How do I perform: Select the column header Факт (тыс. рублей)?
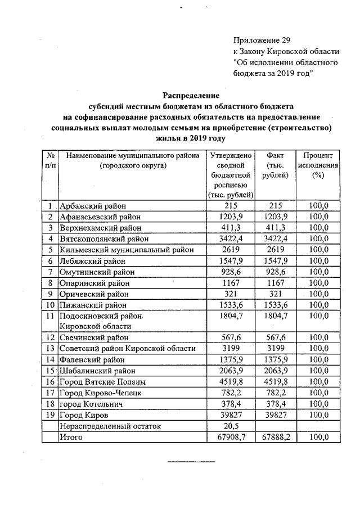click(x=275, y=165)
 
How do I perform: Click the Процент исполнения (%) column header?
click(x=319, y=165)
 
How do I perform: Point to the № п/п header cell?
click(x=50, y=160)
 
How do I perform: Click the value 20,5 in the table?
click(x=231, y=426)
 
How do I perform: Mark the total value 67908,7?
click(x=231, y=438)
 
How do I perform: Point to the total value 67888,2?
click(x=275, y=438)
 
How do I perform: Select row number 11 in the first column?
click(x=50, y=316)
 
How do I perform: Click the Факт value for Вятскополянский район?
click(x=275, y=239)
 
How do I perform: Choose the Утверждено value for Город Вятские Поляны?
click(x=231, y=382)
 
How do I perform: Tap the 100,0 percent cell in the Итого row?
click(x=319, y=438)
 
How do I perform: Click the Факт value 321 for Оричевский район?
click(x=275, y=294)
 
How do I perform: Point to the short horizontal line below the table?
click(x=191, y=463)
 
